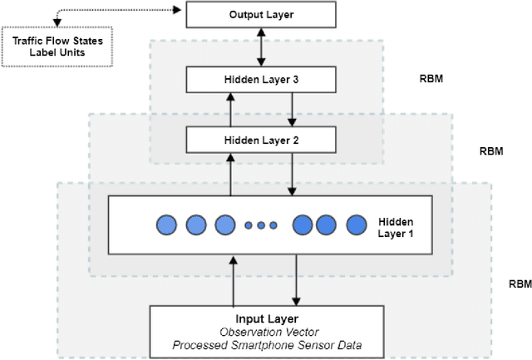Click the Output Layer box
point(262,15)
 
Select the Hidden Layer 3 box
point(262,81)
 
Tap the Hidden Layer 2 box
point(262,140)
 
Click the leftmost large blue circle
point(168,224)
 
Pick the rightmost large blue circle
point(357,224)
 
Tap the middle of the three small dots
point(260,225)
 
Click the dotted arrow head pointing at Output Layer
point(177,11)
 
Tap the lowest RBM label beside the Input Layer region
point(520,284)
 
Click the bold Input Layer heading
point(266,318)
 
